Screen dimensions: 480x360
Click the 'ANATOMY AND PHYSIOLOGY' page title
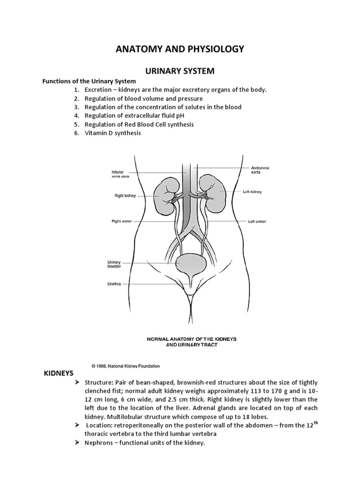(x=180, y=49)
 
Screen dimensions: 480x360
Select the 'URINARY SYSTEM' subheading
(x=180, y=71)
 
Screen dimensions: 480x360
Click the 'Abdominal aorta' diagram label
(x=261, y=170)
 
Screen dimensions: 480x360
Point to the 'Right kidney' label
(x=124, y=195)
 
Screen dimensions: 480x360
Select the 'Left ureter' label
(x=257, y=221)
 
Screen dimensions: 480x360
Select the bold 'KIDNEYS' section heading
(x=58, y=373)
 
